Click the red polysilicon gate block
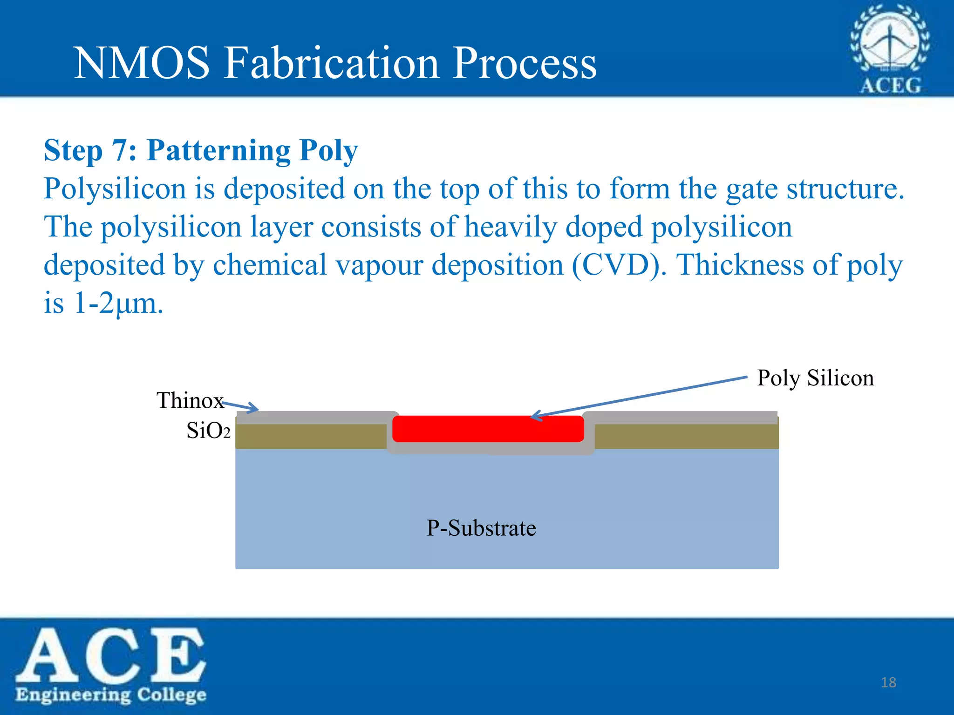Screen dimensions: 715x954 (x=488, y=429)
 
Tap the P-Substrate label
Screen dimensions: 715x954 (x=481, y=528)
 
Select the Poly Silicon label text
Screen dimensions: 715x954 (x=815, y=378)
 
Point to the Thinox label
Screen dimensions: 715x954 (x=190, y=400)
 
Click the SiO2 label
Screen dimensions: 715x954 (x=208, y=431)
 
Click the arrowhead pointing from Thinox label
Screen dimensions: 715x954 (x=254, y=409)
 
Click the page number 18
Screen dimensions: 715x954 (x=888, y=682)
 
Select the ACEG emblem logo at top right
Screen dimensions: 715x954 (x=890, y=49)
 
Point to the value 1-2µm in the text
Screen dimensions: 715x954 (x=118, y=304)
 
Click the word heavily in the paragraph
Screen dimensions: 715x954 (x=511, y=227)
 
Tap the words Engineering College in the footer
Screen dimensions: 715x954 (x=111, y=695)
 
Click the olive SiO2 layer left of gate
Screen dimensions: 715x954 (x=311, y=436)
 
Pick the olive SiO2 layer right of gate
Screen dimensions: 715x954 (x=686, y=436)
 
